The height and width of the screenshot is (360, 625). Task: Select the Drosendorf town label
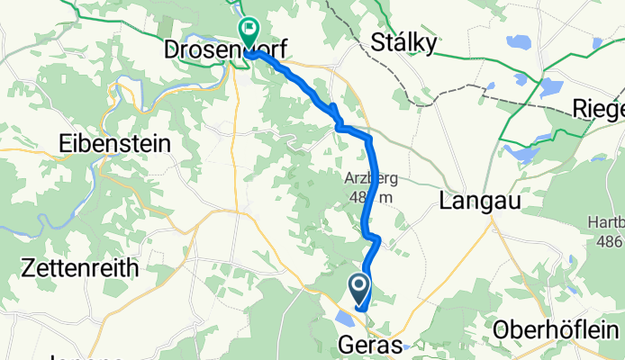pyautogui.click(x=225, y=50)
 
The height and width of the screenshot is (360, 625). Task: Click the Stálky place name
pyautogui.click(x=404, y=43)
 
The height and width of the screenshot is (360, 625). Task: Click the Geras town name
pyautogui.click(x=371, y=344)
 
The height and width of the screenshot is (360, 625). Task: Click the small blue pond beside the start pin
pyautogui.click(x=343, y=317)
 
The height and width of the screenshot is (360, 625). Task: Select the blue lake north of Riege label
pyautogui.click(x=548, y=87)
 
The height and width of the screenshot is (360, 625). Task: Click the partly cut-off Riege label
pyautogui.click(x=598, y=110)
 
